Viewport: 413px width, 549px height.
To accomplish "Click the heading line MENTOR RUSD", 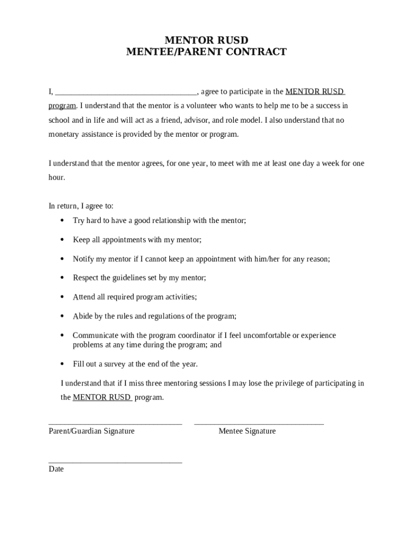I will coord(206,40).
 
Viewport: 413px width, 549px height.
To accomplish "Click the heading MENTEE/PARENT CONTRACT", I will coord(206,52).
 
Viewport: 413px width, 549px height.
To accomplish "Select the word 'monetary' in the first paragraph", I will coord(63,134).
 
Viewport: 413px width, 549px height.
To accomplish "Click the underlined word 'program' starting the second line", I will coord(62,106).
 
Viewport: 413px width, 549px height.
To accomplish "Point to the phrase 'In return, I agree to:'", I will coord(81,206).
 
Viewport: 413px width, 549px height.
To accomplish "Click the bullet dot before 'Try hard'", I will coord(62,220).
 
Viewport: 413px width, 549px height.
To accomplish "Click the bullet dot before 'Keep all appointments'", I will coord(62,240).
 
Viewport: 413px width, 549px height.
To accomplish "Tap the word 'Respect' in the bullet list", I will coord(86,278).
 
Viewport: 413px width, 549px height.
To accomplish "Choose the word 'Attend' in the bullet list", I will coord(84,297).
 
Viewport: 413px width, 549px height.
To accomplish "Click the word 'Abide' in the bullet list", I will coord(83,316).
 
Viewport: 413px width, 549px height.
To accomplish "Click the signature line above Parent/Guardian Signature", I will coord(115,424).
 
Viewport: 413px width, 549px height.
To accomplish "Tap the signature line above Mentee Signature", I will coord(259,424).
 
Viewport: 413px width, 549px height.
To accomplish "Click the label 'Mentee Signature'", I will coord(247,431).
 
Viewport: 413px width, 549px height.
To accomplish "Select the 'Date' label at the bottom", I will coord(56,469).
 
